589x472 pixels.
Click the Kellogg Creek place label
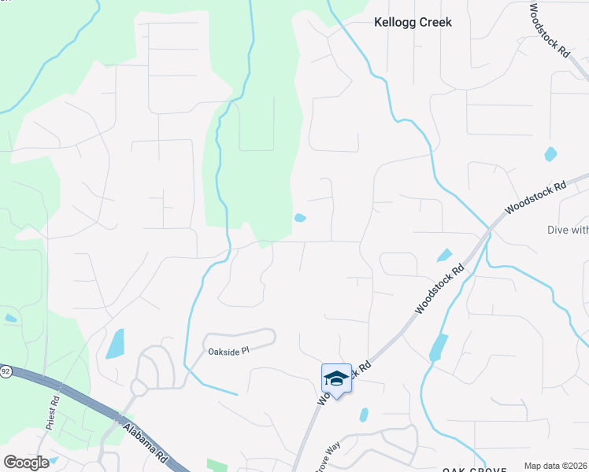[x=413, y=23]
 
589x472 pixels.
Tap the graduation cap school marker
[x=336, y=379]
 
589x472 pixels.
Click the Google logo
[x=26, y=462]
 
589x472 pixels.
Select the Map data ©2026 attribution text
[x=556, y=466]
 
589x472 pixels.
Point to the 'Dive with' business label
[x=567, y=230]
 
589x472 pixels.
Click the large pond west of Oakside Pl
[x=115, y=343]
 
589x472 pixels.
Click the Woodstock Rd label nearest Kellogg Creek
[x=548, y=31]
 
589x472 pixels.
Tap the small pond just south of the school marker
[x=364, y=414]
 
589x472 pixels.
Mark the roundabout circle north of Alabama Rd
[x=139, y=388]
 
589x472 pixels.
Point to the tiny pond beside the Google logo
[x=54, y=460]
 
